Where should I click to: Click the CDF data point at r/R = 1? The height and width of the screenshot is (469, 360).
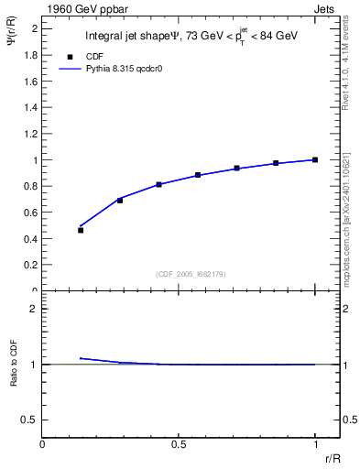[315, 159]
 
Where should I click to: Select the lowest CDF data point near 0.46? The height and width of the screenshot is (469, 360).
[81, 231]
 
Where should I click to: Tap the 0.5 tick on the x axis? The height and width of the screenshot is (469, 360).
[180, 444]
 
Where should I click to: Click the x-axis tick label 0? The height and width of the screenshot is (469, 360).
[43, 444]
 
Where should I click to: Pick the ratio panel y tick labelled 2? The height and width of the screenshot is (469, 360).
[34, 309]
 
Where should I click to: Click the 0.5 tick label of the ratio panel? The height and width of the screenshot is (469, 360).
[29, 420]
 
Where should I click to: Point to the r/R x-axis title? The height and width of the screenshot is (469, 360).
[334, 457]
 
